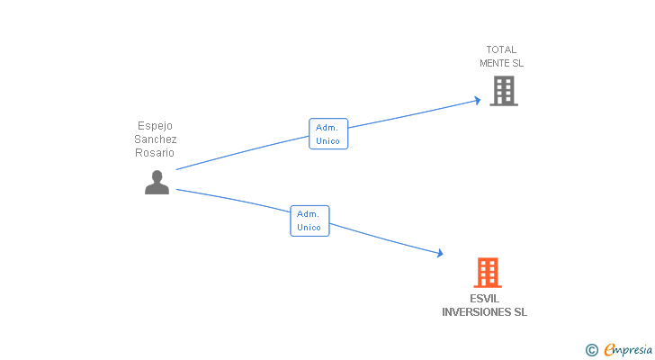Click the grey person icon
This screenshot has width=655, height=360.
pos(157,182)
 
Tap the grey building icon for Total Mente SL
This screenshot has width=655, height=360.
pos(504,91)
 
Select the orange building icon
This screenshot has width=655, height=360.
pos(487,272)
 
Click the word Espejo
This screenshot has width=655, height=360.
pos(154,126)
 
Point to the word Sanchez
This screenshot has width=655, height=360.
pos(156,139)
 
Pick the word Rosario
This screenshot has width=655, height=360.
pos(155,153)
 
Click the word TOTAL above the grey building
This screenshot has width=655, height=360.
pos(501,49)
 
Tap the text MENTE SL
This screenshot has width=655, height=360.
pos(501,63)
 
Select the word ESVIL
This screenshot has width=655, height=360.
pos(484,299)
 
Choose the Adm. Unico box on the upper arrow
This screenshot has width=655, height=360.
pos(327,134)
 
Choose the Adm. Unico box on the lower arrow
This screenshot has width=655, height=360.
pos(310,220)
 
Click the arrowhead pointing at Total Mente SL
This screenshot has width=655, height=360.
pos(478,100)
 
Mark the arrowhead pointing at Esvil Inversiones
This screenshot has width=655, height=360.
pos(439,254)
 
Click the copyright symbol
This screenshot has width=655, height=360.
pos(592,349)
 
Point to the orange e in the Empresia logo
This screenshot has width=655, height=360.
pos(609,349)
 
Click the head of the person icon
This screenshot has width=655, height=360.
pos(157,175)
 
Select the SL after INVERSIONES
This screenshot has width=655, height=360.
pos(520,312)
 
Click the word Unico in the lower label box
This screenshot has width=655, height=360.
pos(310,228)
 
